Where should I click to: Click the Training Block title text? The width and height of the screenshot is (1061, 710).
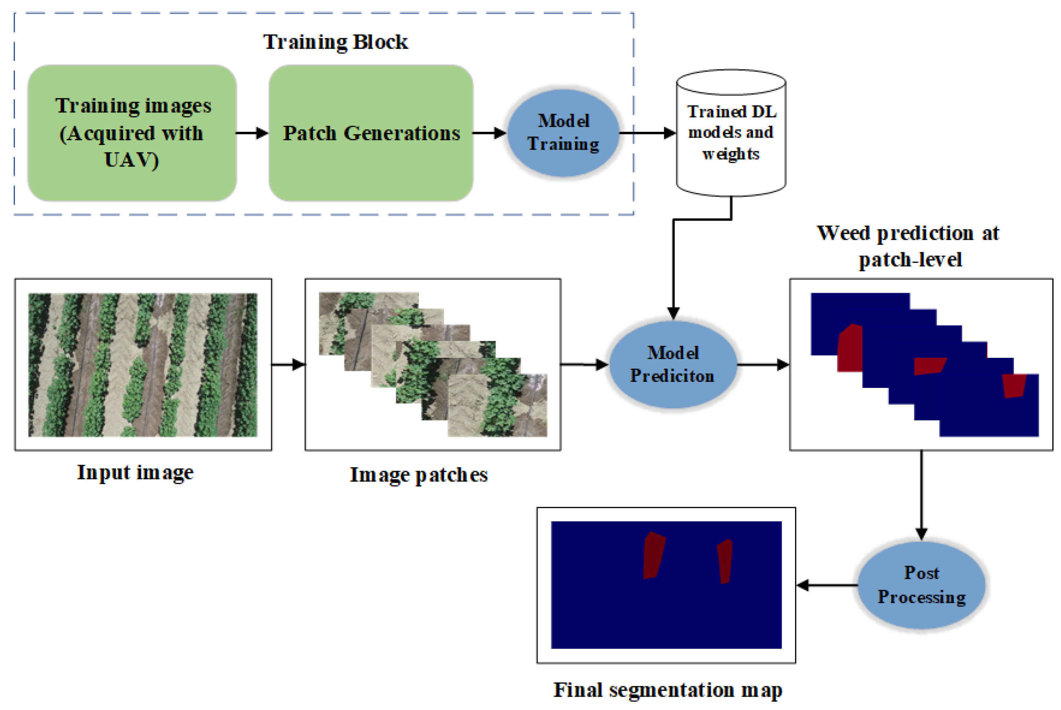point(335,42)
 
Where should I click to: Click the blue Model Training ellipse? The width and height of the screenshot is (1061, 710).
point(563,133)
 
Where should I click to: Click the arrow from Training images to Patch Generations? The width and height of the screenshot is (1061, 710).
point(252,133)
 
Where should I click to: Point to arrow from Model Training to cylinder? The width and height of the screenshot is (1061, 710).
point(647,133)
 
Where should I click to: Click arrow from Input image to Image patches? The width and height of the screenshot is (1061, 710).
point(288,364)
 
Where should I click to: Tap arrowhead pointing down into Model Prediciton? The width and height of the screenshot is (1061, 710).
point(673,313)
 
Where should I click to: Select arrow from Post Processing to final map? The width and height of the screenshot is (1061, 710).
point(827,585)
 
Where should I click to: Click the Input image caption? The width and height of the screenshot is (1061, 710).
point(135,473)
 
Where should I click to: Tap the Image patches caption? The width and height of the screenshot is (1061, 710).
point(419,475)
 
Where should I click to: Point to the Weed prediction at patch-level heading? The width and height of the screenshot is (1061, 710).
point(908,246)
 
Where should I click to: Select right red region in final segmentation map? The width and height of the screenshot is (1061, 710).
point(725,561)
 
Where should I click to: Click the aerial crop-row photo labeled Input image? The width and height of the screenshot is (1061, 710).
point(143,365)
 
